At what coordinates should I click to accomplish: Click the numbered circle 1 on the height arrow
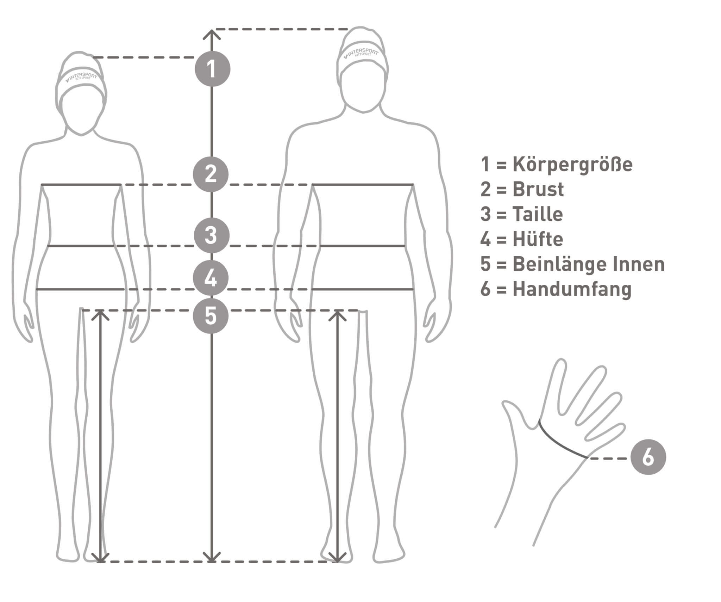(212, 69)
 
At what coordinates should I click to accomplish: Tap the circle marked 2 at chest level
(211, 174)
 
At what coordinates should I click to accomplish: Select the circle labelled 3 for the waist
(212, 235)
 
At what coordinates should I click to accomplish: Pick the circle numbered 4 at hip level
(211, 278)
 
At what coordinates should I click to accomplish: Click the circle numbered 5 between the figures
(211, 316)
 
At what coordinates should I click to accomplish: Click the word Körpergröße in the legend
(572, 165)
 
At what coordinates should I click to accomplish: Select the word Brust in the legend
(538, 189)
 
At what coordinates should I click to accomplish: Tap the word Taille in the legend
(538, 214)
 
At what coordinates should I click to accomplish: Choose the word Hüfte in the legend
(538, 239)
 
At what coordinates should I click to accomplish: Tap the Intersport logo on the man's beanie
(361, 53)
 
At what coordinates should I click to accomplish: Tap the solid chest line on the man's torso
(363, 184)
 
